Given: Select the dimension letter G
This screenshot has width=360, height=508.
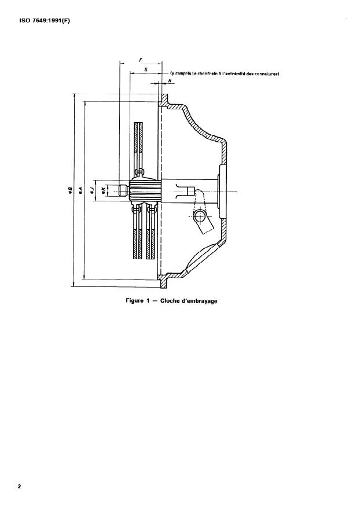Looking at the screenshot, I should pyautogui.click(x=145, y=69).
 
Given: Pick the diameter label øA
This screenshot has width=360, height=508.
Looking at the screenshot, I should pyautogui.click(x=82, y=190).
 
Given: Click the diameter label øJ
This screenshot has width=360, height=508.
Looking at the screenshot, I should pyautogui.click(x=94, y=190).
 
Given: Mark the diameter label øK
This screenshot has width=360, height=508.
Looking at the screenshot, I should pyautogui.click(x=104, y=190).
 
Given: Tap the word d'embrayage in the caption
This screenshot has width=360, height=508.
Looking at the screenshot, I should pyautogui.click(x=200, y=301).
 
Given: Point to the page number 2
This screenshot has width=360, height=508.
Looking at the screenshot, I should pyautogui.click(x=19, y=486).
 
